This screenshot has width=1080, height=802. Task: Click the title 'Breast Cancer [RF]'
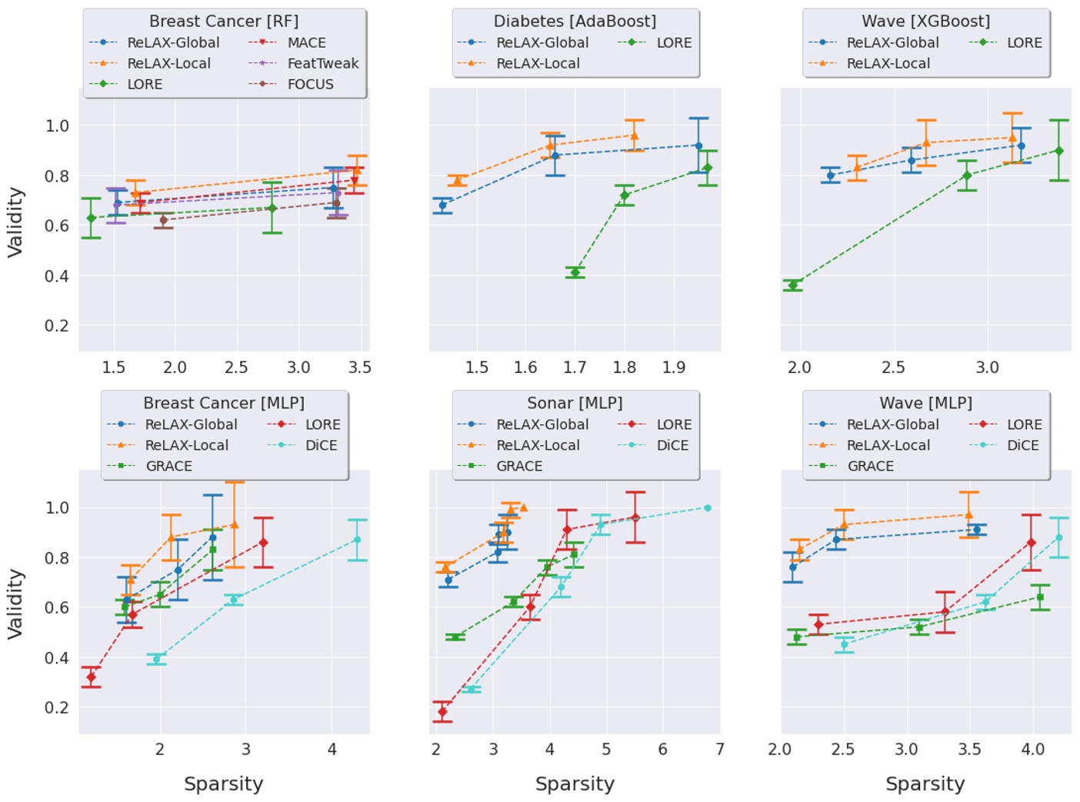[x=224, y=22]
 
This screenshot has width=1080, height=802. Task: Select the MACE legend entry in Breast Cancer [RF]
[x=306, y=43]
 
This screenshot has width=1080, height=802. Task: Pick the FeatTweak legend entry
[x=322, y=64]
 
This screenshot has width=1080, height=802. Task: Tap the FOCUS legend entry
[x=310, y=85]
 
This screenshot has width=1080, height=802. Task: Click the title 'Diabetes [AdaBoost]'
[x=575, y=22]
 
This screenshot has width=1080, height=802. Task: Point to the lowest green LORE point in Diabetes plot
[x=575, y=272]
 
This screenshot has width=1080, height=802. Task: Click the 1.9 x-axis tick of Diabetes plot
[x=674, y=368]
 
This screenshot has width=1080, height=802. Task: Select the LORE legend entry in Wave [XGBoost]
[x=1024, y=43]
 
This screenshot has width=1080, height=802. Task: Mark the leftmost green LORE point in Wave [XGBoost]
[x=793, y=285]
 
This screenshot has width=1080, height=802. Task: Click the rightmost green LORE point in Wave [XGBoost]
[x=1059, y=151]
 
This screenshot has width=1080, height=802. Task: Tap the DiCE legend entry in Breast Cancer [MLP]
[x=321, y=445]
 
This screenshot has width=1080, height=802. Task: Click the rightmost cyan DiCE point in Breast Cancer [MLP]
[x=357, y=540]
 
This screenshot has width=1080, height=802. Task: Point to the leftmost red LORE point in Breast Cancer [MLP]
[x=92, y=677]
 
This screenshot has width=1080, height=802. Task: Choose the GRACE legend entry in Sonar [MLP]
[x=519, y=466]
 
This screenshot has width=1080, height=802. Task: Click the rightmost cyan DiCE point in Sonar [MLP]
[x=708, y=507]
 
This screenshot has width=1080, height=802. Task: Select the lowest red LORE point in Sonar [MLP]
[x=442, y=712]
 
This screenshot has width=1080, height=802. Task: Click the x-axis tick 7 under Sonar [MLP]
[x=719, y=750]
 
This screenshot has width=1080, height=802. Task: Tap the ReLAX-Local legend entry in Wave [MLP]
[x=888, y=445]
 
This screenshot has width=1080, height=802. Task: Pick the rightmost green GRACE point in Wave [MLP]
[x=1040, y=597]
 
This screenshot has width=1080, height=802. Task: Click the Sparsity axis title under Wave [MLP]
[x=925, y=784]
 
